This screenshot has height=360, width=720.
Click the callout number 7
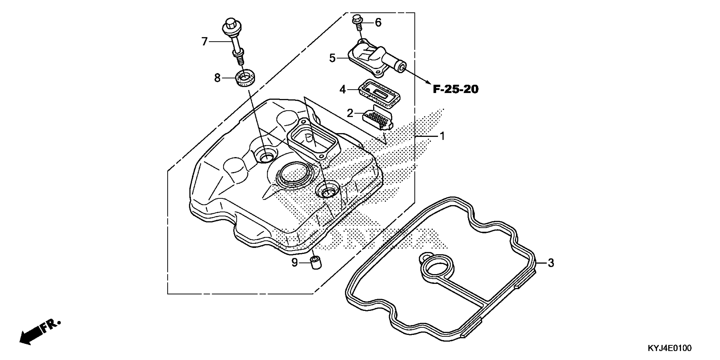(x=205, y=42)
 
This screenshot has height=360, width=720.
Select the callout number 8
(x=217, y=78)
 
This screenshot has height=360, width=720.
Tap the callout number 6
(x=378, y=23)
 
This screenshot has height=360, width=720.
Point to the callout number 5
(x=332, y=58)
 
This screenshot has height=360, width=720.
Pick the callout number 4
(x=343, y=90)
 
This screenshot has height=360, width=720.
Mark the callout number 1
(x=442, y=136)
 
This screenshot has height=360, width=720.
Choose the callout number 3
(x=551, y=263)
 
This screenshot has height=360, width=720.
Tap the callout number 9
(x=295, y=263)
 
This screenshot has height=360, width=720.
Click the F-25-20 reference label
(x=456, y=89)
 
